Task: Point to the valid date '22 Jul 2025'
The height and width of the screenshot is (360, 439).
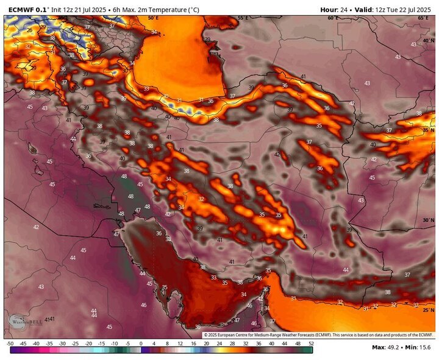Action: (x=412, y=10)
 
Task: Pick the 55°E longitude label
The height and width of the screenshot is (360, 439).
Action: (x=243, y=18)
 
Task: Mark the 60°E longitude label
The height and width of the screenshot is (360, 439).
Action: (x=332, y=18)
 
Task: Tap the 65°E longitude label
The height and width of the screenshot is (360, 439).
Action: (x=423, y=18)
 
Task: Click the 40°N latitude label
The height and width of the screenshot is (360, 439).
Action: (x=427, y=40)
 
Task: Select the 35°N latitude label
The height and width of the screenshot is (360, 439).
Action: (x=427, y=130)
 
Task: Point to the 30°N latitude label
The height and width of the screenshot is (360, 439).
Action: (x=427, y=220)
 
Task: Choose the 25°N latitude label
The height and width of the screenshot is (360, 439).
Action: (x=427, y=310)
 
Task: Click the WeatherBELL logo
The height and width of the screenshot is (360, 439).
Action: (x=23, y=321)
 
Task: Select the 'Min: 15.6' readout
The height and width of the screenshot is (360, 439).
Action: (x=419, y=348)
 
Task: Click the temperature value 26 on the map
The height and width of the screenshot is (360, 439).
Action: (x=29, y=30)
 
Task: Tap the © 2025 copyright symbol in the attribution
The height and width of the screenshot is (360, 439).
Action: (x=205, y=335)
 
